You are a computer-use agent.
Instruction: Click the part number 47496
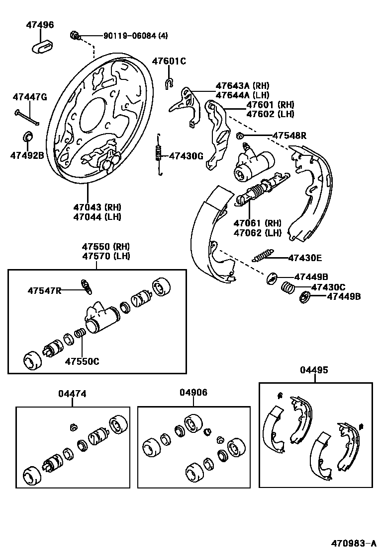click(40, 25)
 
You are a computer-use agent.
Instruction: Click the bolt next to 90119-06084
click(75, 35)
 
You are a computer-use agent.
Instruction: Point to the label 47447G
click(30, 96)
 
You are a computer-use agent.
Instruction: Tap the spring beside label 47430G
click(159, 154)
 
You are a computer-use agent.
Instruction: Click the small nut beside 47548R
click(240, 136)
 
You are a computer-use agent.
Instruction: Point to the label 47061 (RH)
click(258, 223)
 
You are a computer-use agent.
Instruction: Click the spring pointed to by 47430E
click(263, 257)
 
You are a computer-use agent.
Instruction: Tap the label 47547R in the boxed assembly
click(44, 290)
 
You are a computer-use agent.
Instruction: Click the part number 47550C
click(82, 361)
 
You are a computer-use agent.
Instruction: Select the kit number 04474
click(72, 394)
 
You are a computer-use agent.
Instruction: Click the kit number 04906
click(193, 393)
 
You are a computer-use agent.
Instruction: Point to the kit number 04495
click(314, 370)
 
